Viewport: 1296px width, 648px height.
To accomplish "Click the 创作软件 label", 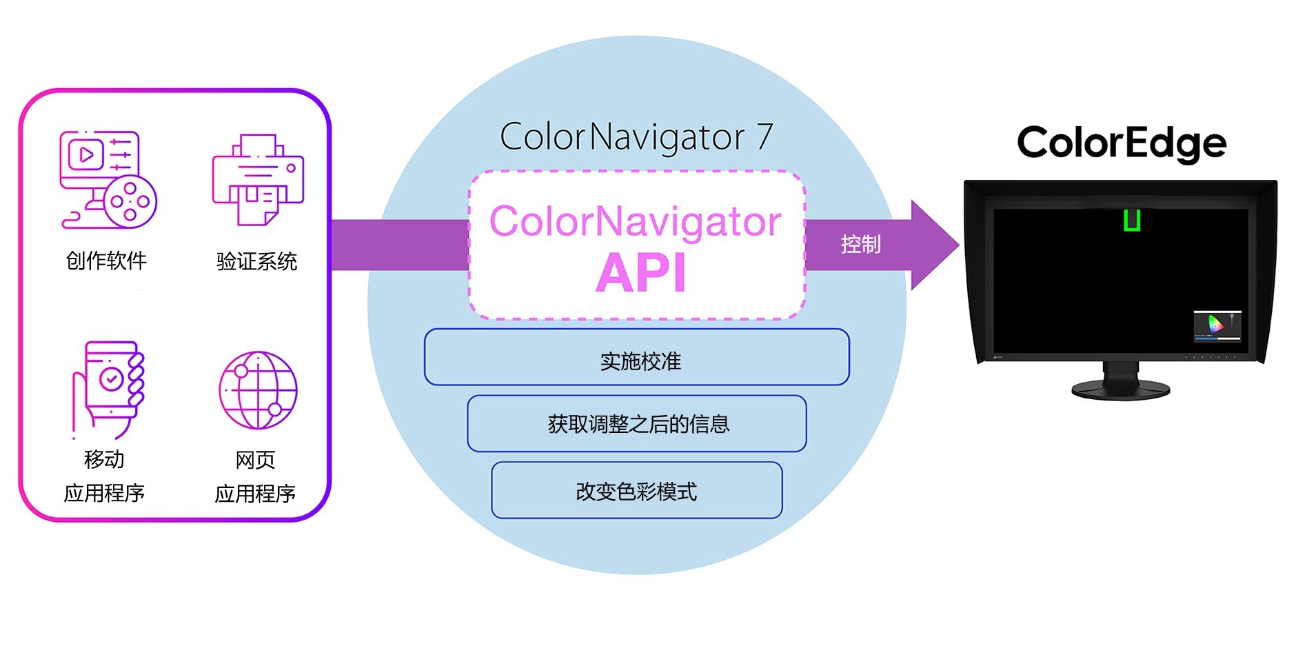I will [106, 261].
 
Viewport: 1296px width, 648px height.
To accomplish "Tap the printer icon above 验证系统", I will [258, 180].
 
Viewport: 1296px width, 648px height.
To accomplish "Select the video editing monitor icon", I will [108, 180].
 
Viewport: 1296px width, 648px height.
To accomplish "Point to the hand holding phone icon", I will [109, 389].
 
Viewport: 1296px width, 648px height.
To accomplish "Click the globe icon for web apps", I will [258, 390].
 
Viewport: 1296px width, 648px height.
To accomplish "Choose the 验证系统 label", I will [256, 261].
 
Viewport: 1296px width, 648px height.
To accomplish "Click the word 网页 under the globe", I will [255, 460].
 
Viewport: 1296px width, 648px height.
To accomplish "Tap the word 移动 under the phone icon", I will [104, 459].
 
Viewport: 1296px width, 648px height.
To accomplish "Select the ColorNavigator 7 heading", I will [636, 137].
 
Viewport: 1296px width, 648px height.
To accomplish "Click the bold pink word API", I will [640, 274].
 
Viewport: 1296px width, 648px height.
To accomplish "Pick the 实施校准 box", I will [637, 357].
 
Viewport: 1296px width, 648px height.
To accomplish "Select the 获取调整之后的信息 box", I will [637, 423].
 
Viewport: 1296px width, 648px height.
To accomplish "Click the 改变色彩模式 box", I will [637, 490].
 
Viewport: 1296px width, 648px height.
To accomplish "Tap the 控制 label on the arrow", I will [860, 245].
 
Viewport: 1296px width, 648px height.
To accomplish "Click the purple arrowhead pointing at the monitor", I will [932, 245].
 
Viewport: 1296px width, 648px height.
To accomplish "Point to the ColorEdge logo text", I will [1122, 143].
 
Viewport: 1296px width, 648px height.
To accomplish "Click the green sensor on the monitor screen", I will [1131, 220].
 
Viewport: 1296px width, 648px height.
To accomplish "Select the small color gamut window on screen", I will [1217, 326].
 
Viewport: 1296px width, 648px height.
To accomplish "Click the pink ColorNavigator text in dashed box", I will [635, 222].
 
